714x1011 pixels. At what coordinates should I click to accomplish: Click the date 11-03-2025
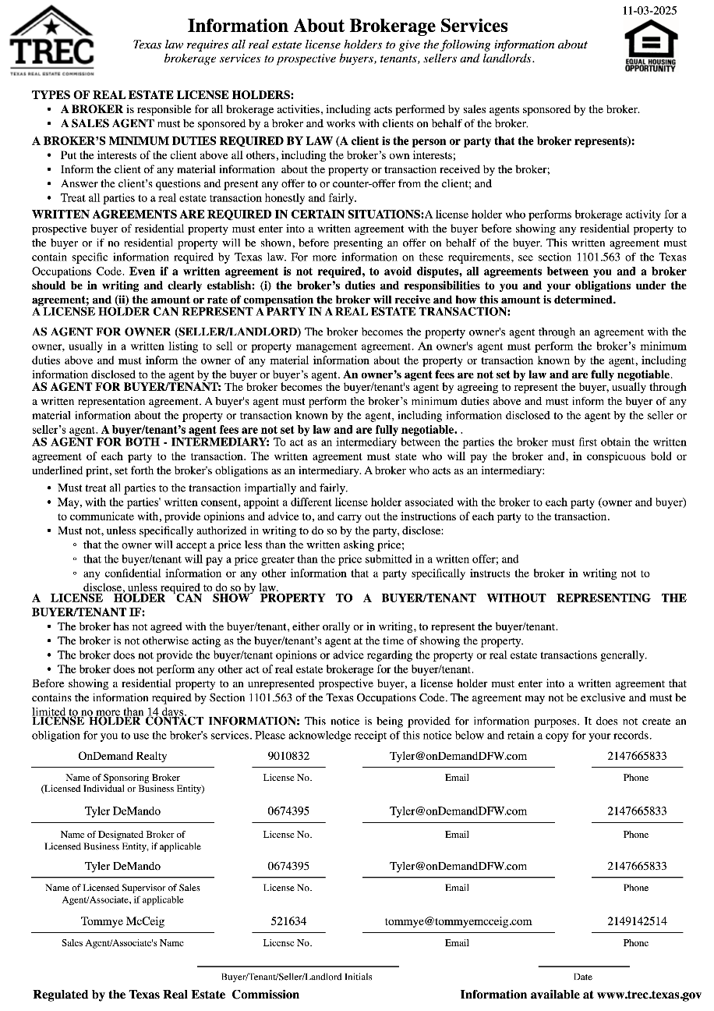click(650, 10)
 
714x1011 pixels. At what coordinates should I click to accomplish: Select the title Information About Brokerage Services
click(348, 27)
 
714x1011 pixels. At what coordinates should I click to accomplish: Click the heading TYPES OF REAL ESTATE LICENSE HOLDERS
click(163, 94)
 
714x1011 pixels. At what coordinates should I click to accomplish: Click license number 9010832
click(288, 756)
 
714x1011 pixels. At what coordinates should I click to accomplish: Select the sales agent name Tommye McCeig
click(122, 921)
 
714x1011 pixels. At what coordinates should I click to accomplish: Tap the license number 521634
click(288, 921)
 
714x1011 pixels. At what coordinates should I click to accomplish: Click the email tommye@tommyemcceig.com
click(458, 921)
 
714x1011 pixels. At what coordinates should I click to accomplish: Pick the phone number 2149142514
click(636, 921)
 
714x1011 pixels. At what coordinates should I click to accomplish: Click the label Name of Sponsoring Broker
click(122, 778)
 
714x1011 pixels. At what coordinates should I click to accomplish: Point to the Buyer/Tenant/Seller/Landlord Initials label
click(296, 977)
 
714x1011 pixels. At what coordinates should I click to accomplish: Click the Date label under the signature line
click(582, 977)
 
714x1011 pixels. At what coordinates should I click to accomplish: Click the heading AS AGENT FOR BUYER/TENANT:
click(127, 387)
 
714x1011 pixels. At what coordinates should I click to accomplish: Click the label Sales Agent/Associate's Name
click(122, 943)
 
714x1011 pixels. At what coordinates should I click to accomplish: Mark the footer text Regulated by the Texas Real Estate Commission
click(166, 995)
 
